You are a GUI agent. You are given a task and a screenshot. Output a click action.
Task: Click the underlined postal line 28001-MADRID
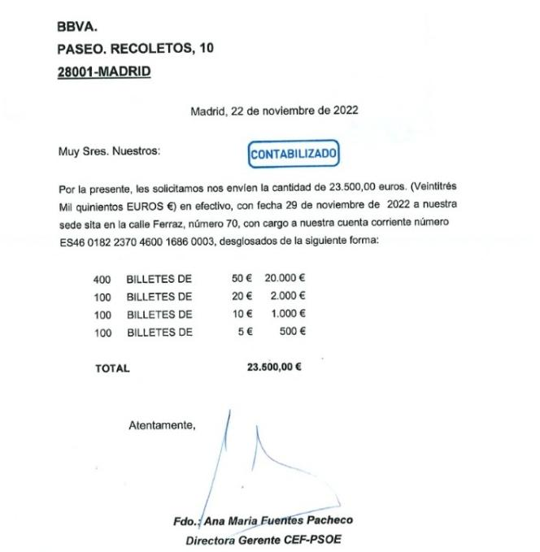104,72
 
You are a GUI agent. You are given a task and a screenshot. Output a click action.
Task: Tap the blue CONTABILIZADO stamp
294,154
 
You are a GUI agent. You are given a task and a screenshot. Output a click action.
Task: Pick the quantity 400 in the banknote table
102,279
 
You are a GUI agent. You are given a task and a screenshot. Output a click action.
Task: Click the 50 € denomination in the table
242,279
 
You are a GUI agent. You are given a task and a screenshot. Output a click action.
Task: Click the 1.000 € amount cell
288,314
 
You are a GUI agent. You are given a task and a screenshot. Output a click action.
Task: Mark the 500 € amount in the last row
292,332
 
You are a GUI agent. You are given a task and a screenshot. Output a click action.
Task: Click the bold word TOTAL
112,367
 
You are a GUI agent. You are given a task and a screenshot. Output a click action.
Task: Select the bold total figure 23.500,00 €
273,367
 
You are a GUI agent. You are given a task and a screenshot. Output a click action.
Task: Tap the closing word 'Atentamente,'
162,424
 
